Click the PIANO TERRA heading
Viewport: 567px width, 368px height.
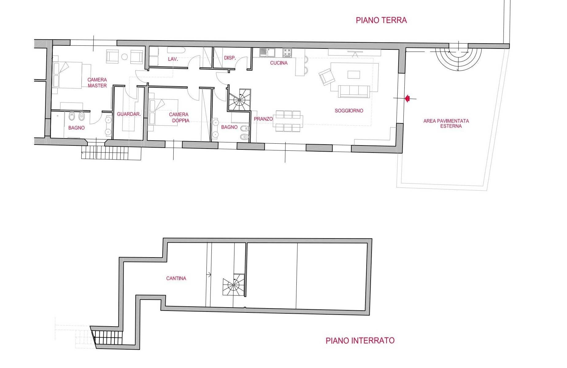(x=381, y=20)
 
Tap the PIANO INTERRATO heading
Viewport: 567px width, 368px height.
(x=360, y=340)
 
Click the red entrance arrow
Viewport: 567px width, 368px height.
(x=407, y=99)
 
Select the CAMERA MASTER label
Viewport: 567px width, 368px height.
(x=97, y=83)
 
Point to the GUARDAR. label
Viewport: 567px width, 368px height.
(x=129, y=114)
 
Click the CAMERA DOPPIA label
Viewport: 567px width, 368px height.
(x=179, y=118)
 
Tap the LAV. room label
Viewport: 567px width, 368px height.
(x=173, y=59)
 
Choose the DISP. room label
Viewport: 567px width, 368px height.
(x=229, y=58)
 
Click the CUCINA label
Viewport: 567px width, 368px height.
(x=279, y=63)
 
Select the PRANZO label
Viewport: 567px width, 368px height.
(x=263, y=119)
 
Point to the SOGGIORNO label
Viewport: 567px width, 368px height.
(x=349, y=110)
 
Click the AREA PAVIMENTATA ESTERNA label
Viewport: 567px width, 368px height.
(x=446, y=123)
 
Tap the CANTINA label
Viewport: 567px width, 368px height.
(x=176, y=278)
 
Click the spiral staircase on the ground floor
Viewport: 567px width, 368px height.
(x=240, y=100)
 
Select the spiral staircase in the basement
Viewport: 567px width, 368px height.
(x=233, y=285)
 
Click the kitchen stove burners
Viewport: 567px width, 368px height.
(x=287, y=52)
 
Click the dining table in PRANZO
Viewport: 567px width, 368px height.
(x=288, y=121)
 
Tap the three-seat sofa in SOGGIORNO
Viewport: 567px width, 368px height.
(x=353, y=91)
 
